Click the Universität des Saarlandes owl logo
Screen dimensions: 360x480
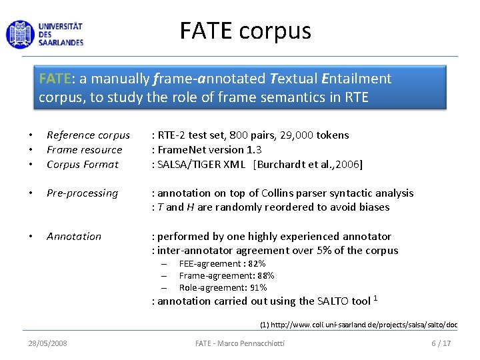(19, 33)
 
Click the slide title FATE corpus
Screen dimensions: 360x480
(245, 31)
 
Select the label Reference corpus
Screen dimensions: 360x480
(88, 135)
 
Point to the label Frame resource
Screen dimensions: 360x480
(84, 150)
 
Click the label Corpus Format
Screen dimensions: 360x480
(82, 165)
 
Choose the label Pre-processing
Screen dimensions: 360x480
(82, 193)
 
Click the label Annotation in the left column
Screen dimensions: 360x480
(74, 237)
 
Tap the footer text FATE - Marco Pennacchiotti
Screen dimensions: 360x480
(240, 343)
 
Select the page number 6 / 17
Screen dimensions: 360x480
(441, 343)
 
